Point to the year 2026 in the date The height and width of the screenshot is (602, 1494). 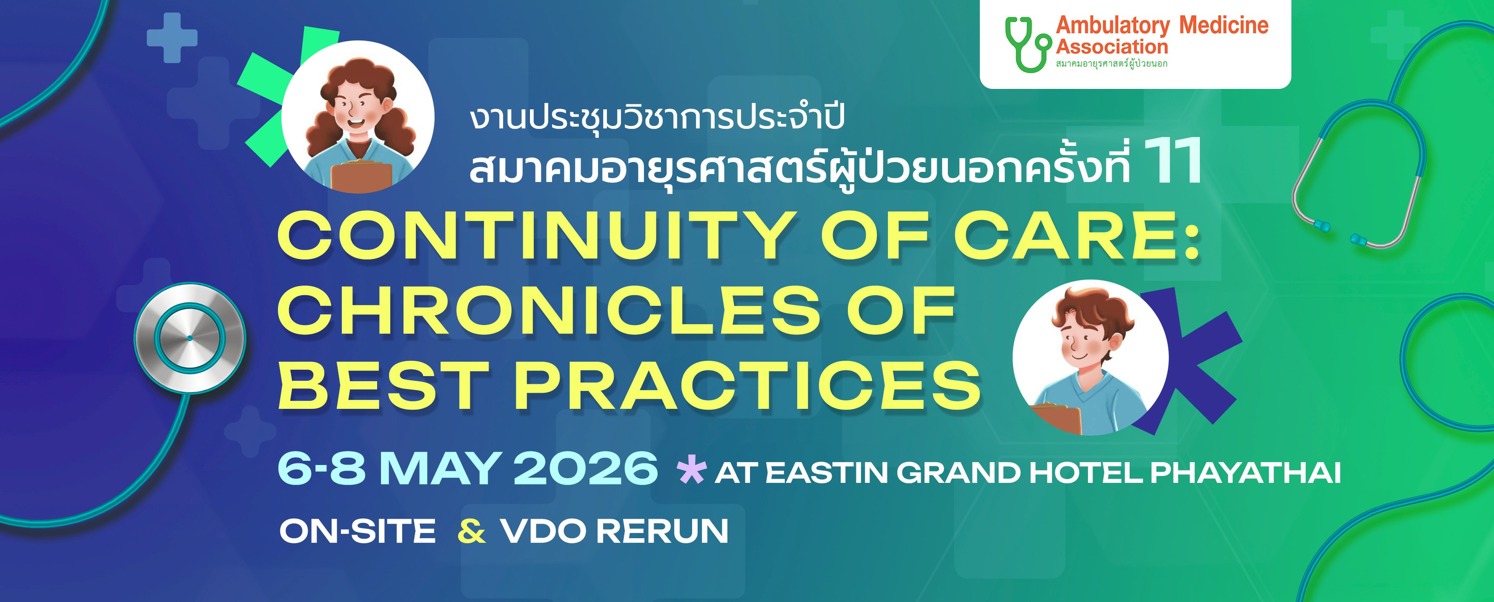(586, 468)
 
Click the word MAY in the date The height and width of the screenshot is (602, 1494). (440, 468)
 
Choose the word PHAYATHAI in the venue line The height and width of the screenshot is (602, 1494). (1245, 473)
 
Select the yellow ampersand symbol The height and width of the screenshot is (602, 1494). (472, 531)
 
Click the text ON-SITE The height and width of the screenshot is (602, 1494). (357, 531)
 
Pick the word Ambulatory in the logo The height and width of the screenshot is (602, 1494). (1112, 25)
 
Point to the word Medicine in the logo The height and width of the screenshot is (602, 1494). (1224, 25)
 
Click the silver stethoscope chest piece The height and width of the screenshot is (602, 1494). (189, 338)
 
